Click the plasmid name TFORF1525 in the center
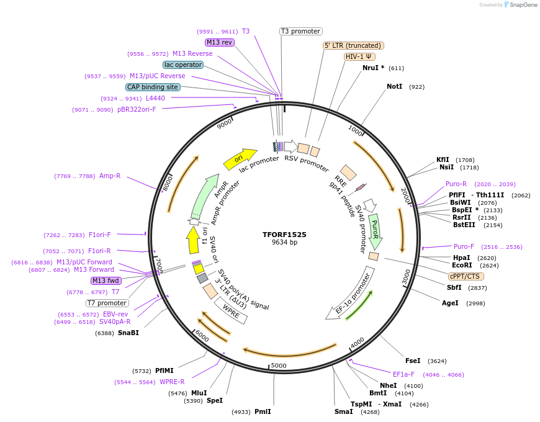click(284, 235)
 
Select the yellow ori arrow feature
click(240, 159)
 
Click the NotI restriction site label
click(395, 87)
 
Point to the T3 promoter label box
click(300, 31)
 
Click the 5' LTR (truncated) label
click(354, 45)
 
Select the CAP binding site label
click(153, 88)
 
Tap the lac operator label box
click(183, 65)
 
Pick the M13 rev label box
click(219, 42)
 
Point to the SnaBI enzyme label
click(128, 333)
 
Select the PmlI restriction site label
click(263, 411)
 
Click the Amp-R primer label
click(110, 176)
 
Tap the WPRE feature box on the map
click(231, 310)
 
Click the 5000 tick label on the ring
click(279, 366)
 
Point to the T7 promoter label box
click(107, 303)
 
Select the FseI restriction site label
click(413, 361)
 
